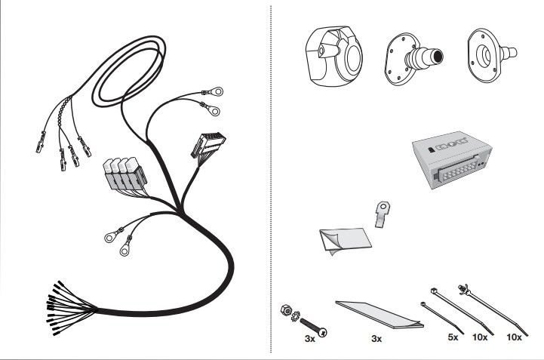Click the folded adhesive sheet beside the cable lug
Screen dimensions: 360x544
pos(344,242)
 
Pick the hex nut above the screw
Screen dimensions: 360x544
pos(287,309)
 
